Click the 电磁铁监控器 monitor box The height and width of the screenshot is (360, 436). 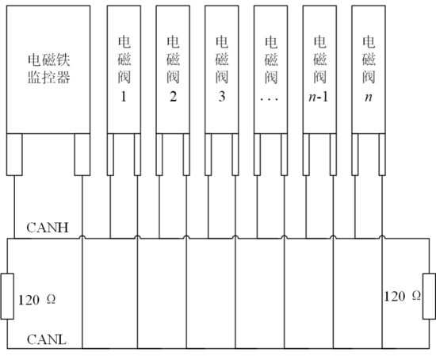[48, 69]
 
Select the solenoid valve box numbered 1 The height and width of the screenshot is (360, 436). [124, 69]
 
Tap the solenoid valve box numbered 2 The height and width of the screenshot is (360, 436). [173, 69]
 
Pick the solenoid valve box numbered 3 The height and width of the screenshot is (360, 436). [222, 69]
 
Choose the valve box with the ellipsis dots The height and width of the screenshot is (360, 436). [271, 69]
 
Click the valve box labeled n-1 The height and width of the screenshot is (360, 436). [319, 69]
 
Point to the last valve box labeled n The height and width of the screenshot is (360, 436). [369, 69]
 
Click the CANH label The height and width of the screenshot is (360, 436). [48, 228]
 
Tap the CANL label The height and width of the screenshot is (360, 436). [47, 339]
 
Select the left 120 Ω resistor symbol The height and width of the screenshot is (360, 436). [7, 296]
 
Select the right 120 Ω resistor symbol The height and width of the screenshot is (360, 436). [429, 296]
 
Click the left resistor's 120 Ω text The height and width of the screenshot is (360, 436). [36, 300]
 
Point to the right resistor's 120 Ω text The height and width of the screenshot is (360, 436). [403, 296]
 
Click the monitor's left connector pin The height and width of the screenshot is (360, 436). [14, 155]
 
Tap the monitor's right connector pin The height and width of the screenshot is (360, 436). [82, 155]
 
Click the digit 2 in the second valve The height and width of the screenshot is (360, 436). [173, 97]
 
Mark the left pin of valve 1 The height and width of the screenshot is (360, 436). [110, 155]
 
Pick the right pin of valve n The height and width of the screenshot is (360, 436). [382, 155]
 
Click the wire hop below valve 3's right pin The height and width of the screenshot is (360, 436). [235, 237]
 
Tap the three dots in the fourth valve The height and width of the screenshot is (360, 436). [270, 99]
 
